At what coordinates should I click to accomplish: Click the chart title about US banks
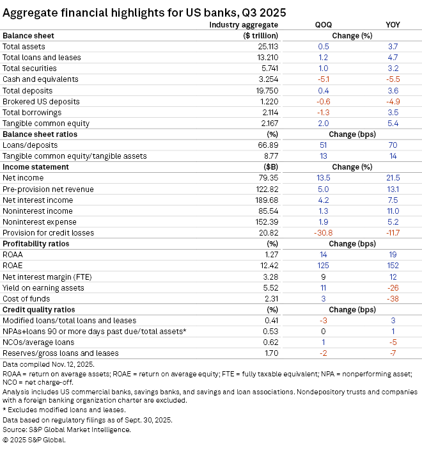(145, 12)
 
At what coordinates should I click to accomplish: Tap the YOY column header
(393, 25)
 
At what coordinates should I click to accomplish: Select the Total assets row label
(24, 47)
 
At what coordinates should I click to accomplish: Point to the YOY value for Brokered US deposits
(393, 101)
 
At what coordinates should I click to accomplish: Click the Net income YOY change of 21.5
(393, 178)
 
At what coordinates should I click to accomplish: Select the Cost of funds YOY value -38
(393, 298)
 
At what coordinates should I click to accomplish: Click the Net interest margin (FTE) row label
(45, 276)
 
